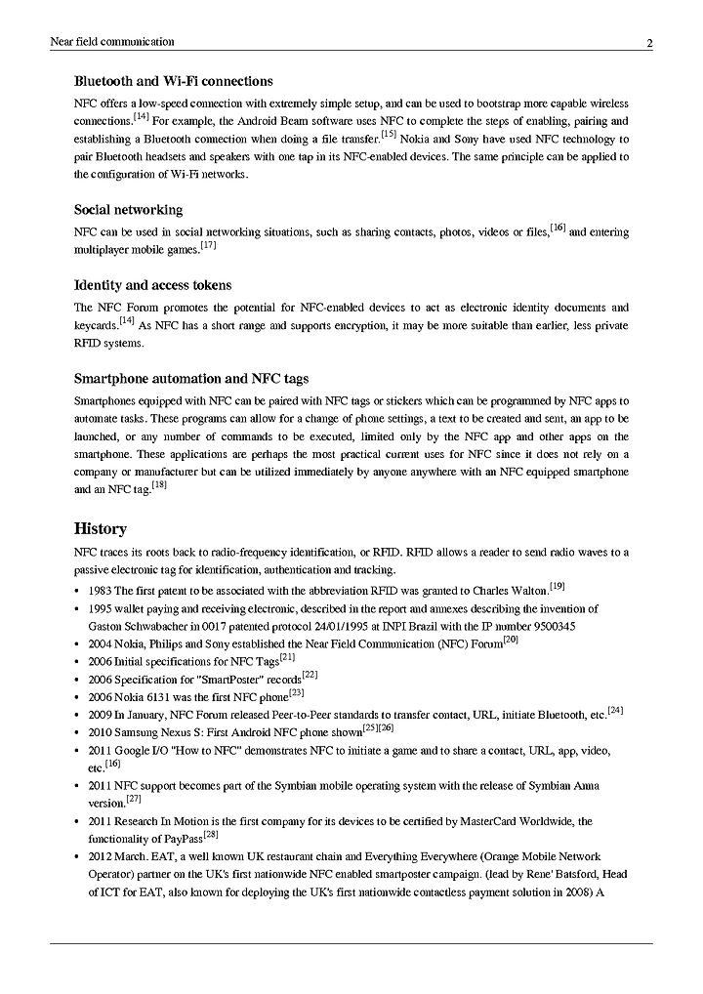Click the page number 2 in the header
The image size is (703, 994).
pos(649,43)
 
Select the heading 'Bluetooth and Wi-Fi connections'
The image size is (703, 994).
pos(173,81)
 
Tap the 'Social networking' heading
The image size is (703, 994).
pos(128,210)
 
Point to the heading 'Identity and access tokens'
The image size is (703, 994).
pos(152,285)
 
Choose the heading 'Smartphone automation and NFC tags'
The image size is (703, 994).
pos(191,379)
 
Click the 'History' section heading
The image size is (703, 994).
pos(101,529)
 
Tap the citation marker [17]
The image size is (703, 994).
pos(208,246)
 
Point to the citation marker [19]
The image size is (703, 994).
pos(558,587)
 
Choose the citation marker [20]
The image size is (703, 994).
pos(510,640)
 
